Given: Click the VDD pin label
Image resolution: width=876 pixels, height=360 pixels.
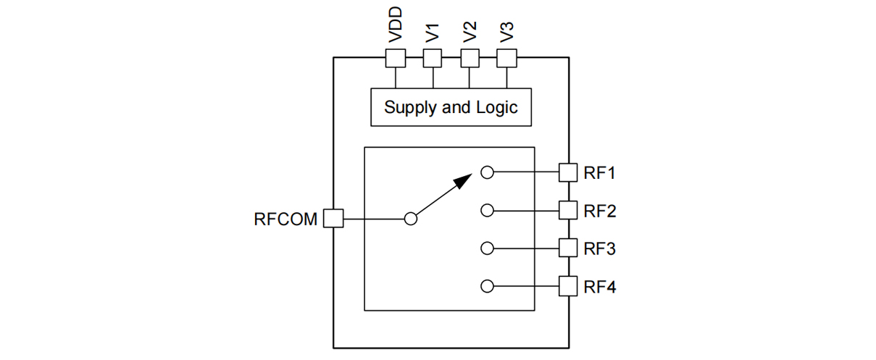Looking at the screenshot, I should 395,28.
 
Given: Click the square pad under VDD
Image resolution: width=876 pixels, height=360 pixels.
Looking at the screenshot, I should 395,58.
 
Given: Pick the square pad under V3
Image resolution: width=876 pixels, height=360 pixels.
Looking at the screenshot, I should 507,58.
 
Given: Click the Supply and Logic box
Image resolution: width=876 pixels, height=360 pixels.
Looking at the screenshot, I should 451,107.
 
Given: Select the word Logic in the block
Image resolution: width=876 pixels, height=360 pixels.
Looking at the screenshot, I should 497,108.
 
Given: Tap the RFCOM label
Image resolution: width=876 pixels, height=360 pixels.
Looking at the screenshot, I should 285,219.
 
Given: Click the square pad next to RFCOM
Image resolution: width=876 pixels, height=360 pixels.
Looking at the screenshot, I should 333,219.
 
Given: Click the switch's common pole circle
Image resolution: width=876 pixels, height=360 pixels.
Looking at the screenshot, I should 411,219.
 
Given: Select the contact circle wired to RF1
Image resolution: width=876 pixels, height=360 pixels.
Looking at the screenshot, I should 487,172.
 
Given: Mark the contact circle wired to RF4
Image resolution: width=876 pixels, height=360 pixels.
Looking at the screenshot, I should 487,286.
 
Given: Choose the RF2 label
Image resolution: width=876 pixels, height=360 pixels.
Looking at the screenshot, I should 600,211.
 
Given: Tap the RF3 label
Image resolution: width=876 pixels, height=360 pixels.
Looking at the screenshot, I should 600,248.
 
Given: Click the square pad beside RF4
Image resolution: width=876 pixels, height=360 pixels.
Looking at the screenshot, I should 569,286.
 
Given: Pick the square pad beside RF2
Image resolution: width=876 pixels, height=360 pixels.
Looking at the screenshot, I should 569,211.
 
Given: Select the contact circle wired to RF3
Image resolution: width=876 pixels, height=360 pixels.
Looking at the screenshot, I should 487,248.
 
